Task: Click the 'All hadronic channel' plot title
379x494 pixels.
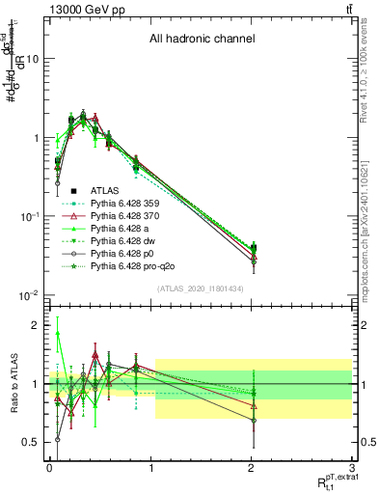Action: click(202, 40)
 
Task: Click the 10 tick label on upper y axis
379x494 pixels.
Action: click(32, 59)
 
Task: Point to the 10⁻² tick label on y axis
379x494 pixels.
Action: click(28, 295)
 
